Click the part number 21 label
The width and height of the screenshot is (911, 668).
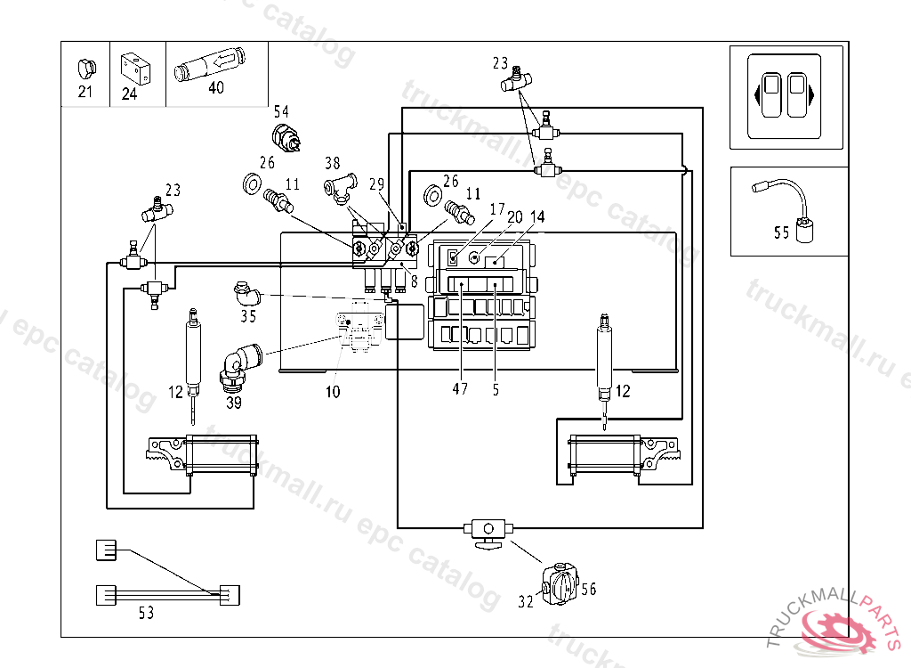(85, 91)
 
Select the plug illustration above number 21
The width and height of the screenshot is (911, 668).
(86, 69)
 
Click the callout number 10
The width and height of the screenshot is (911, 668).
(332, 392)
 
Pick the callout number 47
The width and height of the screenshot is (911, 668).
(459, 389)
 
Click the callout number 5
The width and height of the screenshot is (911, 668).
(496, 389)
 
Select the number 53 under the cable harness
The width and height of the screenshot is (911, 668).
(146, 612)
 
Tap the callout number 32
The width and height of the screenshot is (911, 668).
(527, 602)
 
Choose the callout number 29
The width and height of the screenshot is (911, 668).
(376, 184)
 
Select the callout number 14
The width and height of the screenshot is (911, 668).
(538, 216)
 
